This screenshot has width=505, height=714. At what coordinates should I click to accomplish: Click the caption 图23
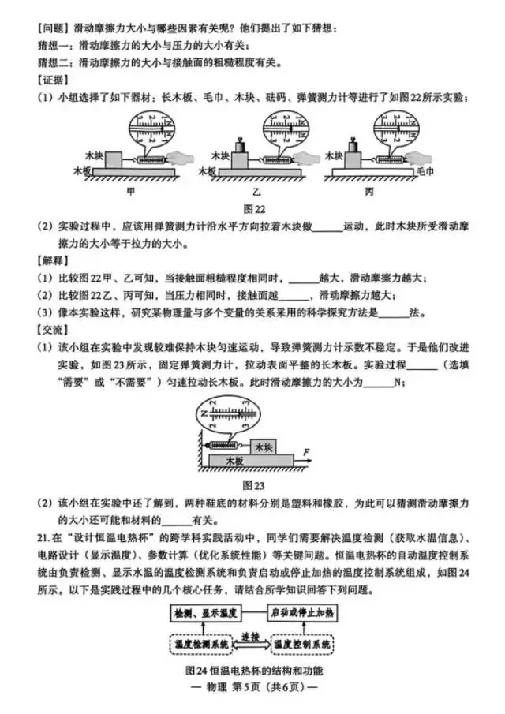tap(252, 484)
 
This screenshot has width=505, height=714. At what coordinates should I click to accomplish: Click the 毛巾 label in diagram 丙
tap(425, 170)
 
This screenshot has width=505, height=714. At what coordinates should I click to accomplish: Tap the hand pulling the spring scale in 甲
tap(186, 158)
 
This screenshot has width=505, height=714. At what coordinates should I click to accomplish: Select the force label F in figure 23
tap(306, 450)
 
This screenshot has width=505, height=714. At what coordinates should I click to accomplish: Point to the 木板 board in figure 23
tap(236, 460)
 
